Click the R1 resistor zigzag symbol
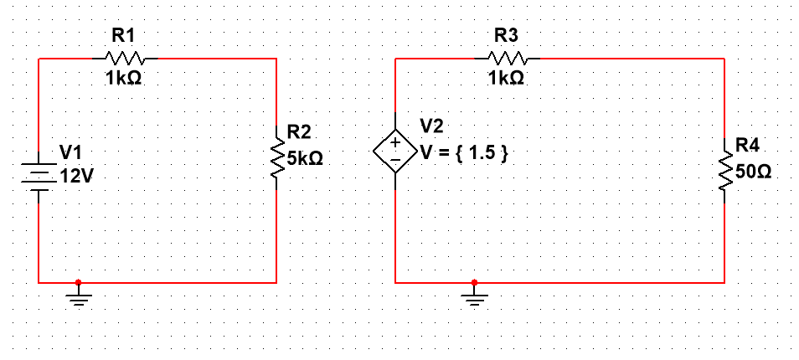(125, 59)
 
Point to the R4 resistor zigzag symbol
(724, 172)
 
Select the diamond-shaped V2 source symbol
(394, 152)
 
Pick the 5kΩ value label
(305, 158)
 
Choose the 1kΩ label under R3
(507, 78)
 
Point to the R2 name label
(299, 132)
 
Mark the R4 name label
(747, 147)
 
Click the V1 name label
(71, 152)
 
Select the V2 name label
(432, 126)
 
